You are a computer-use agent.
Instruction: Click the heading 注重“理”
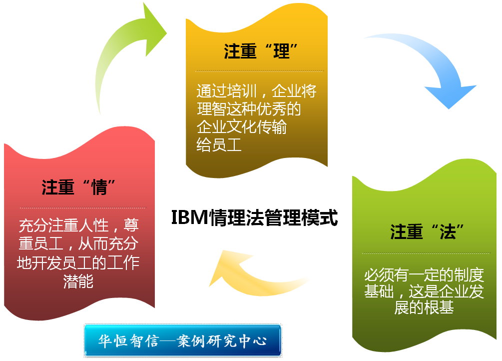pos(261,51)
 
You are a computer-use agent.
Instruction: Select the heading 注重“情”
pos(78,187)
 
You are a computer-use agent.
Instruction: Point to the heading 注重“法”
pos(427,232)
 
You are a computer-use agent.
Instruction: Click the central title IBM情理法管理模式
pos(255,217)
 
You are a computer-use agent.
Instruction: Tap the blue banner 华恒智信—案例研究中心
pos(182,340)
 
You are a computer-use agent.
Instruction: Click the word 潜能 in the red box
pos(78,281)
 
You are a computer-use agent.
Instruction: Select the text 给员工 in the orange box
pos(219,144)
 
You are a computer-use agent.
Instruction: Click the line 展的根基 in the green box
pos(424,307)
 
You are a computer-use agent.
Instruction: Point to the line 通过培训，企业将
pos(256,91)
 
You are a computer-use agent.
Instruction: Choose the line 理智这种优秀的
pos(249,109)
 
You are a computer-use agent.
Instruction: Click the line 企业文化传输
pos(241,126)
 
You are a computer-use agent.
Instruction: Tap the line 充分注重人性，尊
pos(78,225)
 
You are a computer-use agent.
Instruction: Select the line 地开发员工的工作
pos(78,263)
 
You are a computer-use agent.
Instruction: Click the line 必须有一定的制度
pos(424,275)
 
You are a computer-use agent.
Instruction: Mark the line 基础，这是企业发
pos(424,291)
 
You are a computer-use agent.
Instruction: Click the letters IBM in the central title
pos(190,217)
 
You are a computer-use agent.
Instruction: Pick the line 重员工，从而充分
pos(78,243)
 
